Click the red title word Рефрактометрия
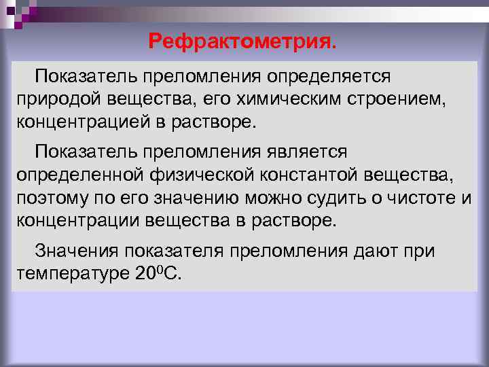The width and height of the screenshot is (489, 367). pos(242,42)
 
